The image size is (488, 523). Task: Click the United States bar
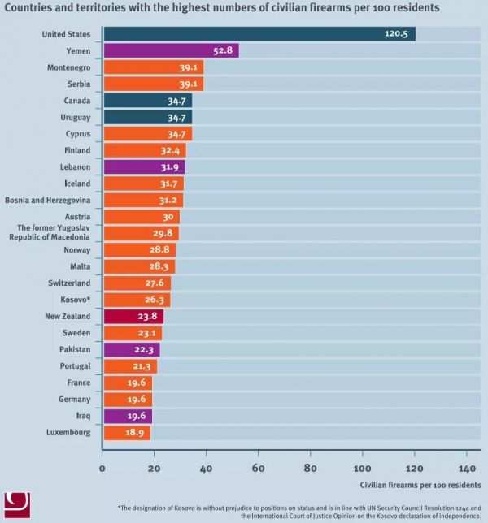coord(259,34)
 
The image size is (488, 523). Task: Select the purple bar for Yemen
coord(171,50)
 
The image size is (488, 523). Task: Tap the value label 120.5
coord(398,34)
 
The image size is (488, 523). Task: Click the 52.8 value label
coord(224,50)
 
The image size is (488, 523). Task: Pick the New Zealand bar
coord(133,317)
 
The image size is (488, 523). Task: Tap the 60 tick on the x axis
coord(259,468)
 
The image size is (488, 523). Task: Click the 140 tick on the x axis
coord(467,468)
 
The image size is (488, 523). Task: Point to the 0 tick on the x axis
coord(102,468)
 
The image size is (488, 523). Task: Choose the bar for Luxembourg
coord(127,433)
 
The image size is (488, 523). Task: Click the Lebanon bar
coord(144,166)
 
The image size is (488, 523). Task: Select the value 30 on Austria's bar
coord(168,217)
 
